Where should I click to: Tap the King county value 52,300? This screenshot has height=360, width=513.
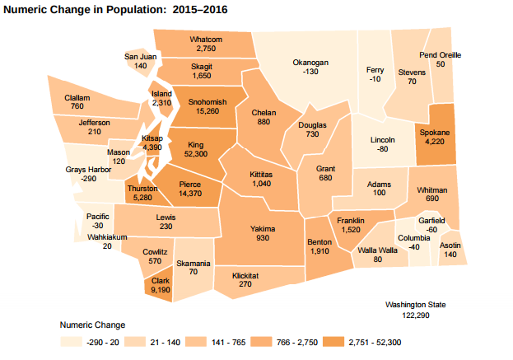[x=195, y=154]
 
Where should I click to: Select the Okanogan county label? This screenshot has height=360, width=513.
[x=310, y=63]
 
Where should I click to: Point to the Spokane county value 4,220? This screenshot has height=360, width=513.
[x=434, y=142]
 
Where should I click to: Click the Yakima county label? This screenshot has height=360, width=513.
[x=263, y=228]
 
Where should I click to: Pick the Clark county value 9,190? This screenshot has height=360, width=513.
[x=160, y=290]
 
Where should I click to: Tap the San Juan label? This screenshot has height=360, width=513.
[x=140, y=56]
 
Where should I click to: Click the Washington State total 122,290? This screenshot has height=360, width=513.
[x=415, y=315]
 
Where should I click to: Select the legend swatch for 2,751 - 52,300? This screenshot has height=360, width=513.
[x=333, y=342]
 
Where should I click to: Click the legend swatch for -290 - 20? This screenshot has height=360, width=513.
[x=71, y=342]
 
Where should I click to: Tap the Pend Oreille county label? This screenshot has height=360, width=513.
[x=440, y=55]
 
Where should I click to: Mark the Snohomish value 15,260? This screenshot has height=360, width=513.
[x=202, y=111]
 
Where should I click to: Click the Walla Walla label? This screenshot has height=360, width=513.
[x=377, y=250]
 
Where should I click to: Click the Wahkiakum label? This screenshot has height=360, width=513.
[x=107, y=236]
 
